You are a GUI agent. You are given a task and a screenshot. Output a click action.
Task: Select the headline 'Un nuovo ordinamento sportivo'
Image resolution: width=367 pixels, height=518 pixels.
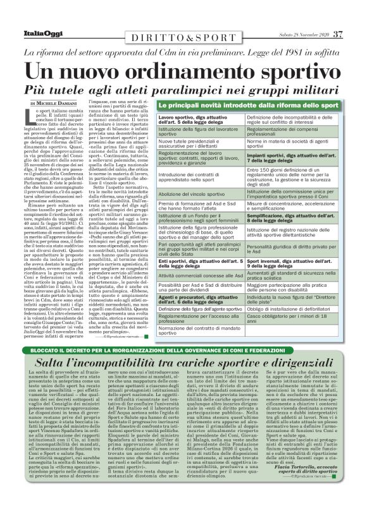(183, 71)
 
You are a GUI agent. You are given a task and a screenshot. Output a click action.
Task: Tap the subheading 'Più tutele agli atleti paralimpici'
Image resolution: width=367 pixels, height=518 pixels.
(183, 88)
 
